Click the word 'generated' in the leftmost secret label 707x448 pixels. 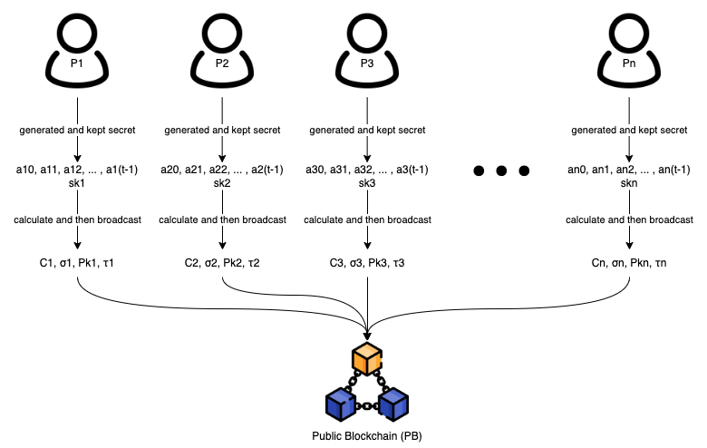tap(42, 130)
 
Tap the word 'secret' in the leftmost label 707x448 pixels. tap(120, 130)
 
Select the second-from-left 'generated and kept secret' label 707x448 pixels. tap(222, 130)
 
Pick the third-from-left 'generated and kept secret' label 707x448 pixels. tap(367, 130)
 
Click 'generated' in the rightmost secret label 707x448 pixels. tap(594, 130)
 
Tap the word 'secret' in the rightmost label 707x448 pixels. tap(672, 130)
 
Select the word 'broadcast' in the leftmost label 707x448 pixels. tap(119, 219)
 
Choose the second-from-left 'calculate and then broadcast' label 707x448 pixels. tap(222, 219)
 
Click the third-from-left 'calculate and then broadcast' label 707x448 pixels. tap(367, 219)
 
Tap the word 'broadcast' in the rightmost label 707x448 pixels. tap(671, 219)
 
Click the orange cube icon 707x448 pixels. tap(367, 359)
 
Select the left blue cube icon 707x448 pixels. tap(341, 404)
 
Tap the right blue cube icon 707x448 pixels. tap(393, 404)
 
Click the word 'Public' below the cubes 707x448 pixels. tap(327, 436)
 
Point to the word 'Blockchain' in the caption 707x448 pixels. tap(372, 436)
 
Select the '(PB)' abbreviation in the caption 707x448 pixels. tap(412, 436)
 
